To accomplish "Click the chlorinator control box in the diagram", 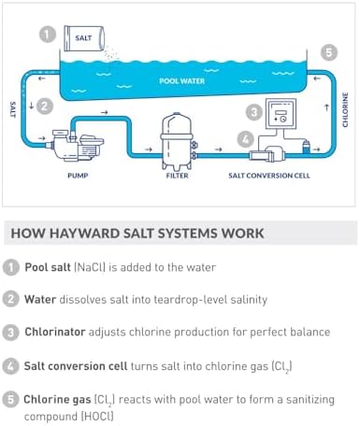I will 280,115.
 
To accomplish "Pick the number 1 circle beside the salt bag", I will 47,35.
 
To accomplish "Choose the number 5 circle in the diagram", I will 328,52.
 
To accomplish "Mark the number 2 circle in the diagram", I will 45,106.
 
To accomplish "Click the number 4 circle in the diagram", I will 244,140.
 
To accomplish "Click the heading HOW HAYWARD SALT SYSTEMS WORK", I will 136,233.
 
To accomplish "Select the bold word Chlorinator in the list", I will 63,332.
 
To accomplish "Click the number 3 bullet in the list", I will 10,332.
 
